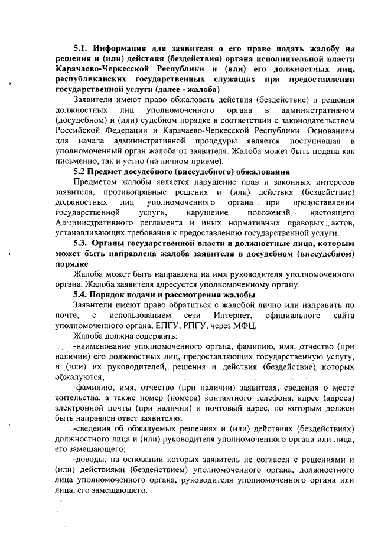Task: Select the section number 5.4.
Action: [82, 294]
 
